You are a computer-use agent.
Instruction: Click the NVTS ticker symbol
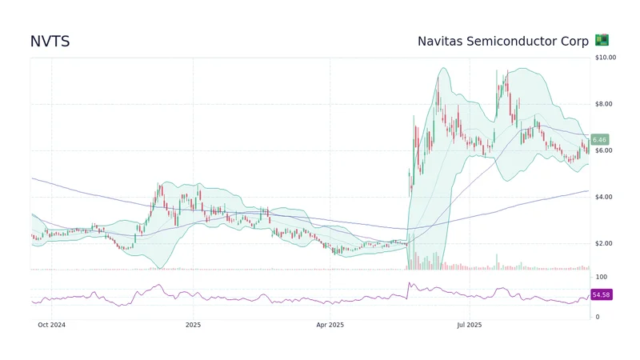(50, 42)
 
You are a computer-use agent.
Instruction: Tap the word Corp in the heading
(574, 41)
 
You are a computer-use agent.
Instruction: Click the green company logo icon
(602, 40)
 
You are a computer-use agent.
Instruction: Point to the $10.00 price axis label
(606, 58)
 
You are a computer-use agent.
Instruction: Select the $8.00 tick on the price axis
(604, 104)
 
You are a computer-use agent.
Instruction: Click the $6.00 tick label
(604, 150)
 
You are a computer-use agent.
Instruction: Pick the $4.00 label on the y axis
(604, 197)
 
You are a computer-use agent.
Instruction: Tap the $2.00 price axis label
(604, 243)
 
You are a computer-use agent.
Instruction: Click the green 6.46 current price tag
(600, 139)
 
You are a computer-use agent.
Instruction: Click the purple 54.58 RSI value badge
(602, 295)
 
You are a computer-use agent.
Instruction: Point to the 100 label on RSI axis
(601, 277)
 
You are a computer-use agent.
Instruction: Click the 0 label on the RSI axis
(597, 317)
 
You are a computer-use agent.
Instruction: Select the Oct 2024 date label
(52, 325)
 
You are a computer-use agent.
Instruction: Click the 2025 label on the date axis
(193, 325)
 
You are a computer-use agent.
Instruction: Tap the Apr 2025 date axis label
(330, 325)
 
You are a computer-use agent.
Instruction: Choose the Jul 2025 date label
(469, 325)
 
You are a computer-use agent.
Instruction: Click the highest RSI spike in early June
(410, 282)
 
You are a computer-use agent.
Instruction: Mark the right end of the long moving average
(589, 190)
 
